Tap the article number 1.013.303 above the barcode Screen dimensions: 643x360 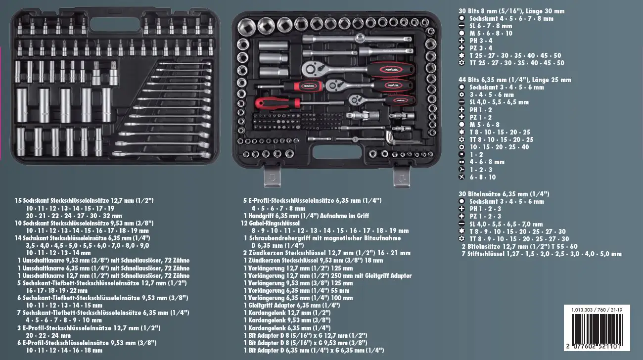coord(582,310)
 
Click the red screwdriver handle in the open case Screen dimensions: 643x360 coord(277,102)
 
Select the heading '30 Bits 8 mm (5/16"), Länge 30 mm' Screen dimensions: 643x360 coord(511,11)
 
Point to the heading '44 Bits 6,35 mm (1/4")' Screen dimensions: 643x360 coord(494,80)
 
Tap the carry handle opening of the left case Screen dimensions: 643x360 coord(115,24)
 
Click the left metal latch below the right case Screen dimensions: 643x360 coord(273,178)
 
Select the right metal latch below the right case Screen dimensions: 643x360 coord(402,178)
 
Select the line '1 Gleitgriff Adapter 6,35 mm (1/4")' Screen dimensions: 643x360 coord(292,305)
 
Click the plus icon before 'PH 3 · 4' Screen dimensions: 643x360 coord(461,41)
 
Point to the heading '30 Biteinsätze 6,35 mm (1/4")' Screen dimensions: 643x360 coord(504,194)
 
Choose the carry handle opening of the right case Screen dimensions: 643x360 coord(337,153)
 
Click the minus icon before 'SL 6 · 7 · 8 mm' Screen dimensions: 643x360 coord(461,26)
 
